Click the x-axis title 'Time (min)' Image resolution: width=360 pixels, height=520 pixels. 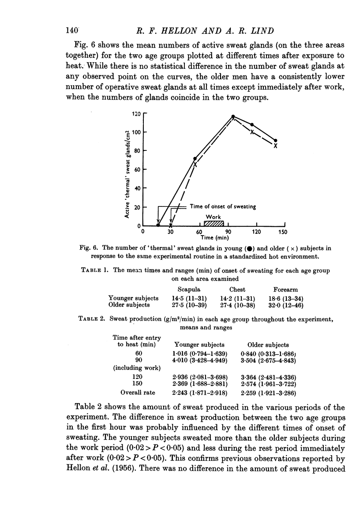click(214, 239)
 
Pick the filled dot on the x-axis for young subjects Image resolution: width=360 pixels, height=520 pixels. click(158, 225)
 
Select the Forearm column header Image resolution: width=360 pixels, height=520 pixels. click(286, 290)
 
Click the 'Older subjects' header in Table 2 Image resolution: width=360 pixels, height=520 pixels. click(269, 344)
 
